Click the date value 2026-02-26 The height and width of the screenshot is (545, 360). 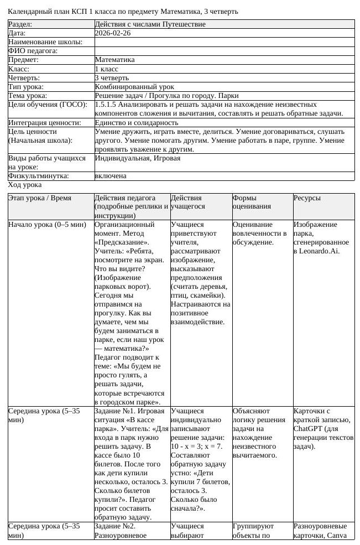point(113,33)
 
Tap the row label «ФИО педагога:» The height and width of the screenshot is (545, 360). point(33,51)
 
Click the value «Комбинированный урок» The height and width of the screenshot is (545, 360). point(134,87)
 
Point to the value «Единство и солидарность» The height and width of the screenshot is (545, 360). point(137,122)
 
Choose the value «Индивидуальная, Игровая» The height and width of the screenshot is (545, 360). point(138,158)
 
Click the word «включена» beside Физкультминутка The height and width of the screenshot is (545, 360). point(111,176)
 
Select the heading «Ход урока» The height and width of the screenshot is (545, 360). point(25,184)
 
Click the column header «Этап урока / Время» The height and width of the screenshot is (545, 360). point(40,198)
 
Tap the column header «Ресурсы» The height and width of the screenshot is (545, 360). point(307,198)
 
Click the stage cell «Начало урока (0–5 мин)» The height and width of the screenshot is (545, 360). point(48,225)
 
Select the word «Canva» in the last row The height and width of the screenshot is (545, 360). point(337,535)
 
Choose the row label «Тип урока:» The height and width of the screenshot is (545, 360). point(26,87)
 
